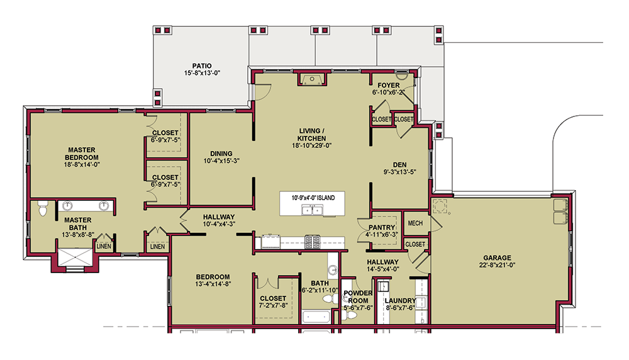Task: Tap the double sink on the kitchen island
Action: point(313,211)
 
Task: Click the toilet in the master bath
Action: point(43,209)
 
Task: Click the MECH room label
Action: point(415,223)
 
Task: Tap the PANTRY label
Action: point(382,228)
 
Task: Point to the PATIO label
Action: point(202,65)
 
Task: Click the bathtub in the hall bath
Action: point(316,317)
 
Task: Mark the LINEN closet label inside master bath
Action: point(104,246)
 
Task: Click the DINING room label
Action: point(221,153)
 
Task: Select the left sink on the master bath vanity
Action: point(66,205)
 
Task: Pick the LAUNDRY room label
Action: point(401,300)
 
